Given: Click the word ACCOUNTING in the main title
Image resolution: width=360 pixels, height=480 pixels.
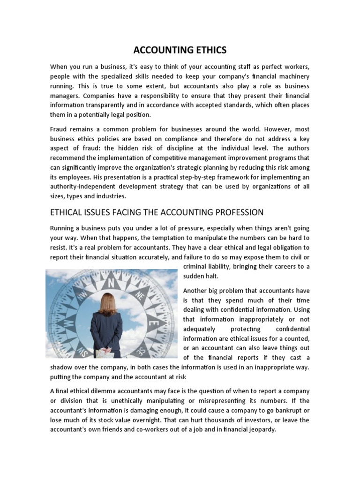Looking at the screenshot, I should coord(156,50).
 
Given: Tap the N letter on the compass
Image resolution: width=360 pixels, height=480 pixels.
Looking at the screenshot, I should coord(111,283).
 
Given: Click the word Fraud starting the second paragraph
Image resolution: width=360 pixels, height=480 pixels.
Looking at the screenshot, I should coord(59,129).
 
